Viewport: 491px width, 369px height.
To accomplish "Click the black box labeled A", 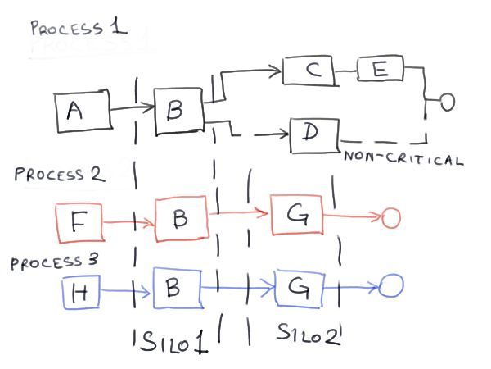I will pyautogui.click(x=83, y=112).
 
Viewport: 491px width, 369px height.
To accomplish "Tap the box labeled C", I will pyautogui.click(x=308, y=72).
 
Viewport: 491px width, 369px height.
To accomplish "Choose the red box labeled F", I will pyautogui.click(x=78, y=221).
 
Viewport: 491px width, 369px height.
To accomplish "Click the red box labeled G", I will pyautogui.click(x=296, y=216).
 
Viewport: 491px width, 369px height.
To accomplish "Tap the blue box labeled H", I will pyautogui.click(x=80, y=291).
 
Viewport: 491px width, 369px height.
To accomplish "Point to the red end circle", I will pyautogui.click(x=390, y=217).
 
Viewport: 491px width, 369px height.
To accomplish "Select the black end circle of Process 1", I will pyautogui.click(x=447, y=102).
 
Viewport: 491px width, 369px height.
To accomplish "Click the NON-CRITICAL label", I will pyautogui.click(x=403, y=158).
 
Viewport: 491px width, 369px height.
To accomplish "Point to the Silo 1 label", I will pyautogui.click(x=169, y=341).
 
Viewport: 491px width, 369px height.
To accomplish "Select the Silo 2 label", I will pyautogui.click(x=308, y=337).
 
